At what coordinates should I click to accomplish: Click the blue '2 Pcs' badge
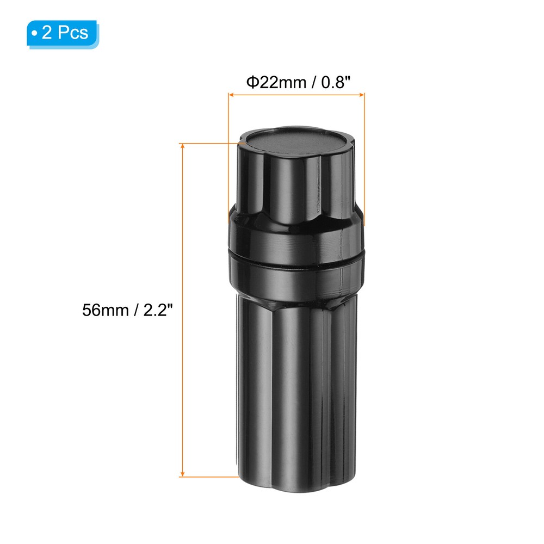[63, 33]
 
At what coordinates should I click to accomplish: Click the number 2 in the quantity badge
[47, 33]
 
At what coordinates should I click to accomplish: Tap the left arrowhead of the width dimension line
[231, 95]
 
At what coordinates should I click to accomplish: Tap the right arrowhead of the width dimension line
[362, 95]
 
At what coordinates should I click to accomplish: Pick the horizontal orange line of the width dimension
[296, 95]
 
